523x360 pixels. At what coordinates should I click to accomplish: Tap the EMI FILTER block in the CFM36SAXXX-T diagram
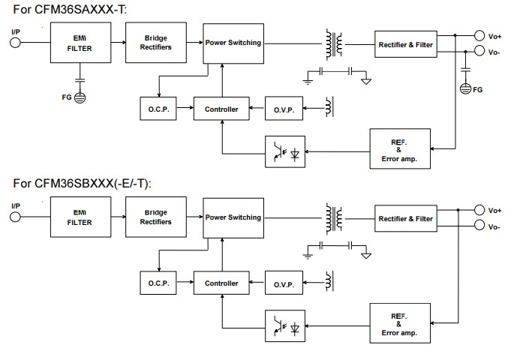(x=79, y=43)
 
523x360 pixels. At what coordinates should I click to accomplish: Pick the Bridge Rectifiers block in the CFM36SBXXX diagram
(x=157, y=217)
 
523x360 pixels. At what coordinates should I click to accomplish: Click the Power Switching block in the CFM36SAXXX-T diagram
(x=233, y=43)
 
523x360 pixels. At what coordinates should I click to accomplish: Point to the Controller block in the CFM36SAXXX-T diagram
(x=221, y=109)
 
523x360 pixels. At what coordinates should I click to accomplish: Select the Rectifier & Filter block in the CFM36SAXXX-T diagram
(x=405, y=45)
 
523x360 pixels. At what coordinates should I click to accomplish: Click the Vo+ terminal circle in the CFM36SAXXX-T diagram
(x=479, y=34)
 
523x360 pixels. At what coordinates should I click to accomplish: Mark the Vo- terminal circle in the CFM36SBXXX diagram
(x=479, y=226)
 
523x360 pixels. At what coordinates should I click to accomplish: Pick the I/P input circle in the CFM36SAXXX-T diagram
(x=15, y=43)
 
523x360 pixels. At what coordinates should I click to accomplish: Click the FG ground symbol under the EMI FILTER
(x=80, y=97)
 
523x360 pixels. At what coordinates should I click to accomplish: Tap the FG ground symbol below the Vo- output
(x=464, y=89)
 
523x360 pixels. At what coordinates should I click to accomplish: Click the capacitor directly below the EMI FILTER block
(x=80, y=79)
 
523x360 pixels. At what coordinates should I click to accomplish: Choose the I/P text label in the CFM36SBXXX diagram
(x=16, y=205)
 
